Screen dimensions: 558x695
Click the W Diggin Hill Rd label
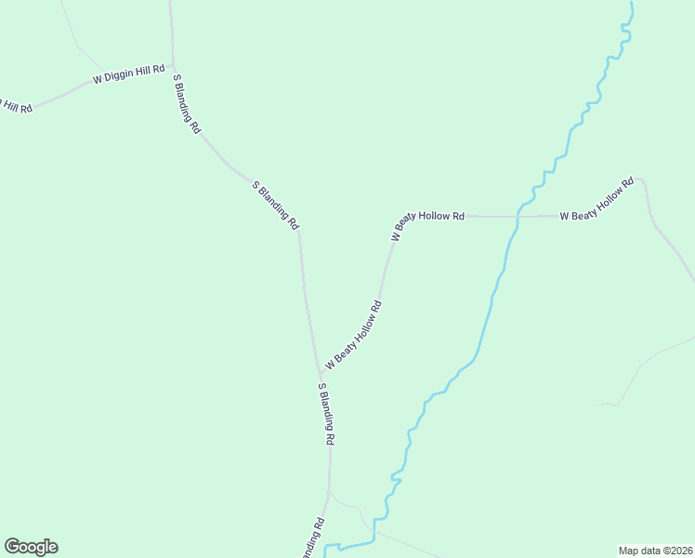(128, 75)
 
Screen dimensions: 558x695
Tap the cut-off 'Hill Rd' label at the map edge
(16, 105)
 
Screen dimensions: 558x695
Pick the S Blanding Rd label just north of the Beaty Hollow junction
(276, 205)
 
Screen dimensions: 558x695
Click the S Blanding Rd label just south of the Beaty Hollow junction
(326, 412)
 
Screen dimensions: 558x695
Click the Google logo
(31, 547)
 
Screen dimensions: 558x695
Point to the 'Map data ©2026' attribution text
(655, 550)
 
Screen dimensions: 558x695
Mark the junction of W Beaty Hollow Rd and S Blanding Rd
(320, 372)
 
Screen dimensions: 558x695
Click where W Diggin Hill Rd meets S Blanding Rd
(173, 68)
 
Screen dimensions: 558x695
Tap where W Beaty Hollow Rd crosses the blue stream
(517, 216)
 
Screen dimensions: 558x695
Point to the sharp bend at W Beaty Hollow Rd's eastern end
(643, 181)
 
